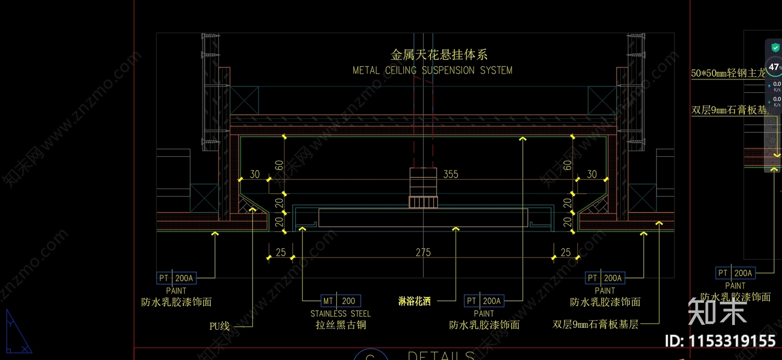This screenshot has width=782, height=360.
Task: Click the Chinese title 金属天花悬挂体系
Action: point(439,55)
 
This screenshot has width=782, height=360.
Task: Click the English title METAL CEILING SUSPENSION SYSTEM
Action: point(433,70)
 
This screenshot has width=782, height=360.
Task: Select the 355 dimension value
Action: point(451,174)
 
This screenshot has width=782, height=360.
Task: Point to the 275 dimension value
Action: point(423,253)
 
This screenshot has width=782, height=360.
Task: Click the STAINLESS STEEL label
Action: point(341,314)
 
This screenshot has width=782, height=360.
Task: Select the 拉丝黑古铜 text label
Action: point(341,325)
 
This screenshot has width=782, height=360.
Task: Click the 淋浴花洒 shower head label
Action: point(414,301)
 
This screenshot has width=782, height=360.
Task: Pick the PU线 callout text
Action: point(219,326)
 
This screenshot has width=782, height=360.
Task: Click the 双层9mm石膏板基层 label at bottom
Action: point(595,324)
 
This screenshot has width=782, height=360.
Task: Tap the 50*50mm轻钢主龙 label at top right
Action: point(728,73)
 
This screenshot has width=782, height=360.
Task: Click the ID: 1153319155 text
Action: point(720,341)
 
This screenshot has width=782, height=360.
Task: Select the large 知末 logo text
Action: point(717,311)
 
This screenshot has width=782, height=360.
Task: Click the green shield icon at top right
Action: point(775,47)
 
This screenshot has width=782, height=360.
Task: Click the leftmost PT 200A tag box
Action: point(176,278)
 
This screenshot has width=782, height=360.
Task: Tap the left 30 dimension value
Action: point(255,174)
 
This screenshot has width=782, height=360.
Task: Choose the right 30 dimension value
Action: point(592,174)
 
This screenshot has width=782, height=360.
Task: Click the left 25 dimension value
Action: point(281,253)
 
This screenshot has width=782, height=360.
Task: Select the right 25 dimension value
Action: point(565,253)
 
